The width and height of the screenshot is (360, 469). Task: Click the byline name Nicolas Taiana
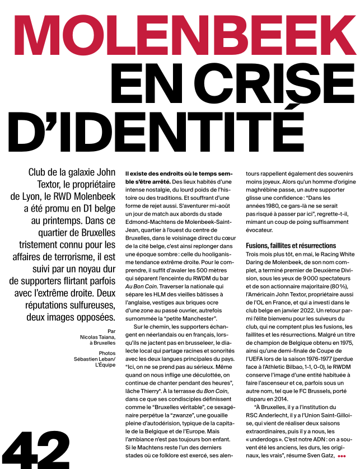click(x=95, y=338)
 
